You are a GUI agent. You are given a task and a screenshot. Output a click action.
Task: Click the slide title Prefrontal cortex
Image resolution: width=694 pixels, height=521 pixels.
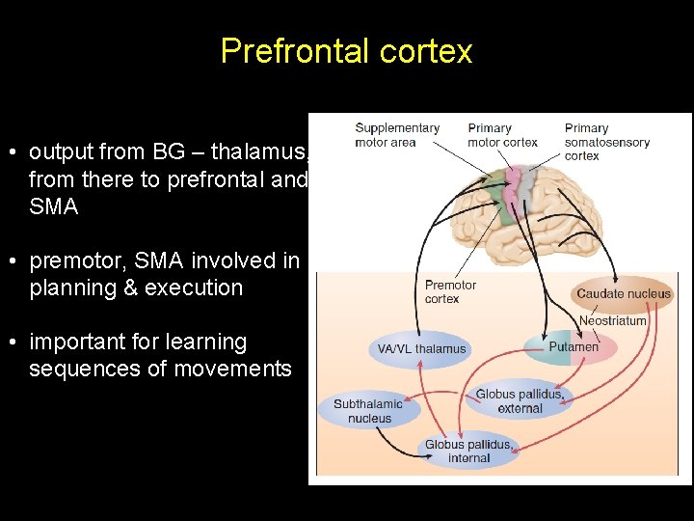coord(346,50)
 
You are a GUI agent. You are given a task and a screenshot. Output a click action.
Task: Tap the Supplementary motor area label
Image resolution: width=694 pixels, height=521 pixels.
coord(396,135)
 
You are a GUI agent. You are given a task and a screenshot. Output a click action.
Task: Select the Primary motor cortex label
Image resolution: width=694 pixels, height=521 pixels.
coord(502,135)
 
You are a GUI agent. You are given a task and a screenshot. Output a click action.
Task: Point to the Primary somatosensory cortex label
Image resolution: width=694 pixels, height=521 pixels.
coord(606,142)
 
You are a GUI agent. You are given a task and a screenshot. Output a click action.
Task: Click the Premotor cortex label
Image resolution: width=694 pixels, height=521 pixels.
coord(450,291)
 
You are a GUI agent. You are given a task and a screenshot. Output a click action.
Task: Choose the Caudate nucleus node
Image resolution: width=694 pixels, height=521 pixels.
coord(623,293)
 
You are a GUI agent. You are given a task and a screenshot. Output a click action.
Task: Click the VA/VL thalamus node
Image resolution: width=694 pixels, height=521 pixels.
coord(421,348)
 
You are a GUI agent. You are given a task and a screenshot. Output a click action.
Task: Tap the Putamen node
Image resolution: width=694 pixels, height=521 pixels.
coord(574,347)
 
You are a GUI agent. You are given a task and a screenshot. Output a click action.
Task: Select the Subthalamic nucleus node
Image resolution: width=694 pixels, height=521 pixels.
coord(369,411)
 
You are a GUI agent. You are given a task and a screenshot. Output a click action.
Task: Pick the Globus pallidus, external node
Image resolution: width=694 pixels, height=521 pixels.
coord(520,401)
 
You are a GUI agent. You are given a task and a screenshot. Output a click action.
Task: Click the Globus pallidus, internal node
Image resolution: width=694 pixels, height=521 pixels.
coord(469,452)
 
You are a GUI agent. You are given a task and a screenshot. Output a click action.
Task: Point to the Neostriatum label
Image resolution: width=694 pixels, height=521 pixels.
coord(612,320)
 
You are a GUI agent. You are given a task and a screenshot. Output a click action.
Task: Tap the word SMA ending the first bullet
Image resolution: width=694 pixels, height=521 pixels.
coord(54,206)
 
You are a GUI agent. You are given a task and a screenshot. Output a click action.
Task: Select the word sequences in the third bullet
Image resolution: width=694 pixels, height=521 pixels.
coord(86,369)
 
